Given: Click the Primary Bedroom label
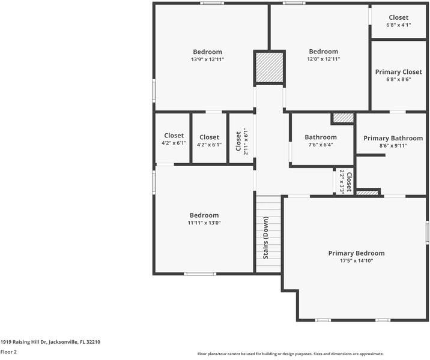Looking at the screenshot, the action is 356,253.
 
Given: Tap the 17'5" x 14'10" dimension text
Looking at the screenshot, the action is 357,261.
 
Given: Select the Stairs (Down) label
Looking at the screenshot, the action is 265,238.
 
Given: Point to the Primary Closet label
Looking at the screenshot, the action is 398,72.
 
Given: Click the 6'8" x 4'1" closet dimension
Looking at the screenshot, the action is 398,25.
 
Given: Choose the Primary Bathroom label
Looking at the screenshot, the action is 393,139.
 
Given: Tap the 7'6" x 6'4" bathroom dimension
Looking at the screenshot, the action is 321,145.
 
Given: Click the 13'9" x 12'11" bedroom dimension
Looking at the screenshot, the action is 208,59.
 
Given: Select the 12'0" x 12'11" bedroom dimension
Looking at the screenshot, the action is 324,59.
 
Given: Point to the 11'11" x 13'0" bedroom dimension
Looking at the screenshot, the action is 204,223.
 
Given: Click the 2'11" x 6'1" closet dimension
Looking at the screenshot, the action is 246,141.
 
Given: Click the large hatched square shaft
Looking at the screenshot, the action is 269,67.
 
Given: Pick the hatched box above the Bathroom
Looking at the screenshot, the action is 344,118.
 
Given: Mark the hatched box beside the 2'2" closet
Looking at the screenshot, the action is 367,193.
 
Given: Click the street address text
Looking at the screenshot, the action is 50,342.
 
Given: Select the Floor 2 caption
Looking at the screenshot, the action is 8,352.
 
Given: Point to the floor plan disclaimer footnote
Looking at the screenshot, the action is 291,354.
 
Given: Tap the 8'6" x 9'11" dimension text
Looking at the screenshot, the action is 393,146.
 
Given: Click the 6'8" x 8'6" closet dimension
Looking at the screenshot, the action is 398,79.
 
